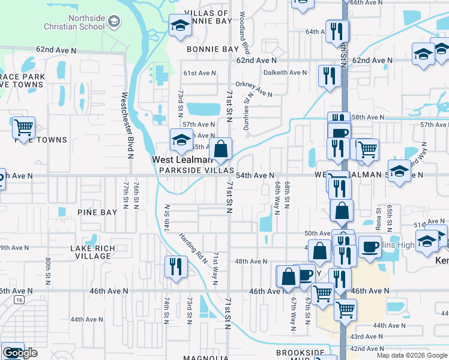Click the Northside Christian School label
[74, 23]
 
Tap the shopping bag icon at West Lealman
[221, 149]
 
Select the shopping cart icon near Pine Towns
[23, 128]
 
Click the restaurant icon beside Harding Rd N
[176, 266]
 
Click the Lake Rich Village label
[90, 252]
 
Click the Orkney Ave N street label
[254, 89]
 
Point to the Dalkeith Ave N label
[285, 73]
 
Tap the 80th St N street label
[48, 273]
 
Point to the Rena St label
[379, 218]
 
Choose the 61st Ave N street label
[199, 73]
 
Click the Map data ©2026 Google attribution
[411, 355]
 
